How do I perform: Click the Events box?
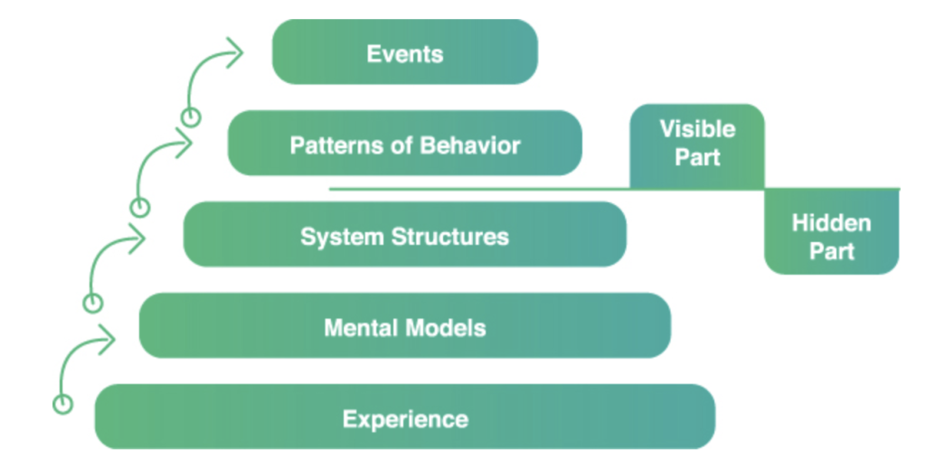404,51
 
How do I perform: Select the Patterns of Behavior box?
404,144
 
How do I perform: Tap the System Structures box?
404,235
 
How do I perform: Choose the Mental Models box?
404,325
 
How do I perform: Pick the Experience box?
404,417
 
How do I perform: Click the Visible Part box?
697,146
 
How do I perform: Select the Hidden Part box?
832,232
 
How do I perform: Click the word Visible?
697,129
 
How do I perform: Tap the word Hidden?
832,223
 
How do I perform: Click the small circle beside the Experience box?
62,404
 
